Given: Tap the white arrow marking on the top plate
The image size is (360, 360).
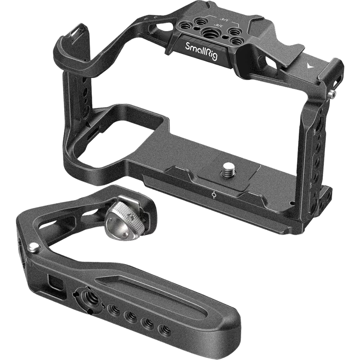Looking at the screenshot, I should pyautogui.click(x=308, y=64).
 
